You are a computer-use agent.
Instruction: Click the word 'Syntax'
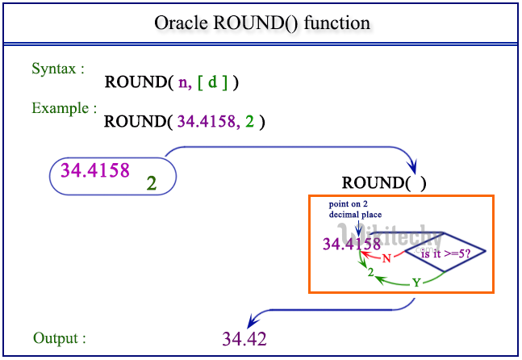coord(56,69)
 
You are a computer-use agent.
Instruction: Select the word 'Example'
coord(64,107)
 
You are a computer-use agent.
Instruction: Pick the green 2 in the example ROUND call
coord(251,122)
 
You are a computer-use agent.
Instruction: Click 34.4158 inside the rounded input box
coord(94,171)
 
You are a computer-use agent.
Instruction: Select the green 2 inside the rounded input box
coord(151,183)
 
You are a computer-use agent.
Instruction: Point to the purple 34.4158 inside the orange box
coord(352,243)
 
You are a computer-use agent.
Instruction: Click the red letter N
coord(386,258)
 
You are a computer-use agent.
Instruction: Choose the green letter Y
coord(416,283)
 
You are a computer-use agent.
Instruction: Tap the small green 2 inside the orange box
coord(370,274)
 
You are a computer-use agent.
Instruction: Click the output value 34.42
coord(244,338)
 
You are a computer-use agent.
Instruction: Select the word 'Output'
coord(58,337)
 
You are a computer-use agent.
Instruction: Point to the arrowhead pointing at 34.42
coord(252,322)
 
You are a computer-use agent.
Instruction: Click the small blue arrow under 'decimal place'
coord(358,230)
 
